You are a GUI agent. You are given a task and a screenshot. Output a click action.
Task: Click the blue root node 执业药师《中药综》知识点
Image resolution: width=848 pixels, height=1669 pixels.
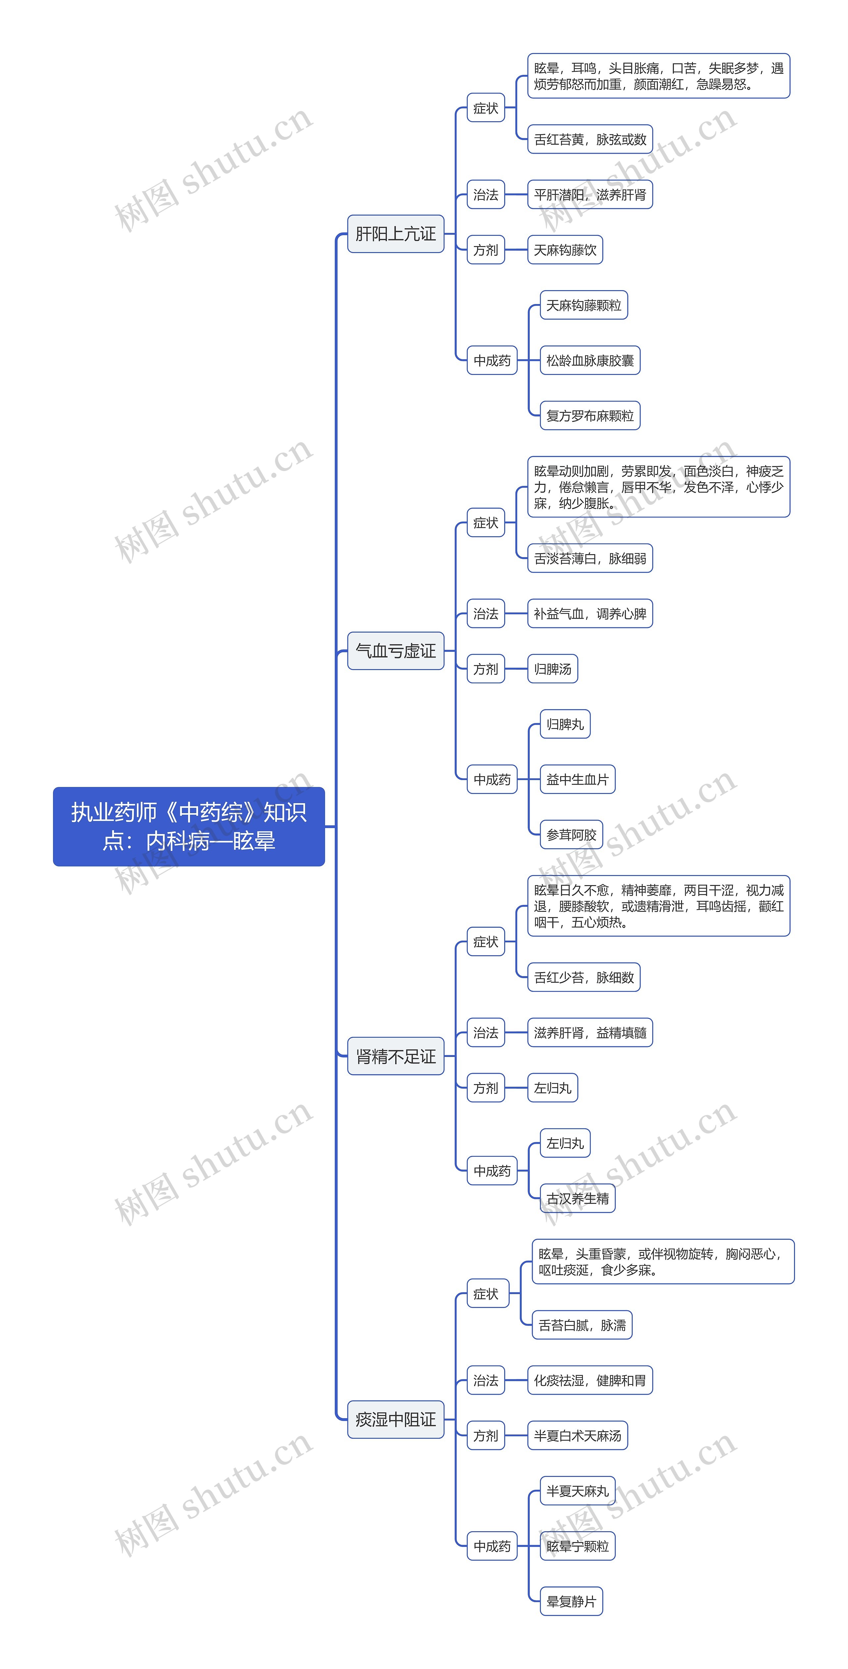[188, 826]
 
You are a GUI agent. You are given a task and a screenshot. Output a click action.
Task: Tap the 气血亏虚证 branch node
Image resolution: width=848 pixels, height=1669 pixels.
[395, 651]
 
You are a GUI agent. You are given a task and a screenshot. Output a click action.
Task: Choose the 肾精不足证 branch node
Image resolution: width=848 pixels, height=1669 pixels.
[395, 1056]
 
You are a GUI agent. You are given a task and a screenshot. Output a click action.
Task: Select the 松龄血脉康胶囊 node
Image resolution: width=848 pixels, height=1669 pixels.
[590, 360]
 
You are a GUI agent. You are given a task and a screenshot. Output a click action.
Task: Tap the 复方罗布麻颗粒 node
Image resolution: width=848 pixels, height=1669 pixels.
[590, 415]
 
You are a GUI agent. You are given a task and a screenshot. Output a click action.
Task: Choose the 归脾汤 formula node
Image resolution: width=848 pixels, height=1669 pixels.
[553, 669]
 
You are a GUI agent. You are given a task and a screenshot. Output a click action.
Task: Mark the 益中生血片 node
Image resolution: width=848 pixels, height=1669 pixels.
[577, 779]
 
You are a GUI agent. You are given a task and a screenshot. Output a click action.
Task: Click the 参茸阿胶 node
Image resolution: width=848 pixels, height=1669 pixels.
[571, 835]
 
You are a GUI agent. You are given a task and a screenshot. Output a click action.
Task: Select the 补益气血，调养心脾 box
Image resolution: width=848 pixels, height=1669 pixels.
[590, 613]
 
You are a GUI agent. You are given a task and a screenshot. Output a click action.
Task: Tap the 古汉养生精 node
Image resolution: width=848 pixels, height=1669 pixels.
[577, 1199]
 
